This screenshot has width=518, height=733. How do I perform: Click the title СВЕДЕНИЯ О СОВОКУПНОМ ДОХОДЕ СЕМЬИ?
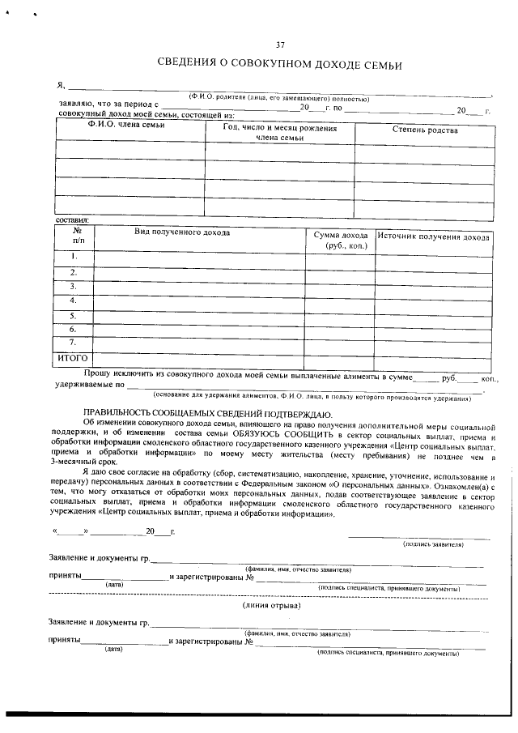pos(279,64)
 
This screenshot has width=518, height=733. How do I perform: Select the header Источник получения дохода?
pos(434,237)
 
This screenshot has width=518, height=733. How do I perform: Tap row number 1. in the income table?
pos(74,257)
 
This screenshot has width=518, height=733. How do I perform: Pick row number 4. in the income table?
pos(74,300)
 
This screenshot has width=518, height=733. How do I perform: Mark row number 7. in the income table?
pos(74,343)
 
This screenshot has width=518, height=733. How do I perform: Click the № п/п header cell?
pos(78,236)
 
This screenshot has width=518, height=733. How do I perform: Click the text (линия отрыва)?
pos(272,605)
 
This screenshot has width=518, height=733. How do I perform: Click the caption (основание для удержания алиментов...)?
pos(312,398)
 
